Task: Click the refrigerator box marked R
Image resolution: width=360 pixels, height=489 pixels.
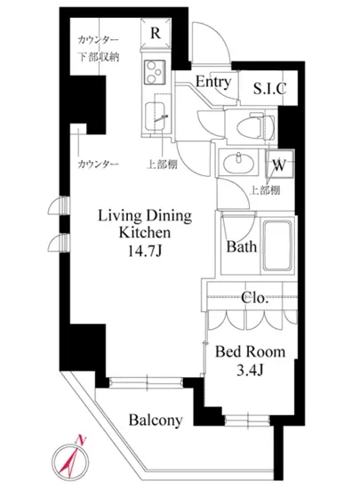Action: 156,34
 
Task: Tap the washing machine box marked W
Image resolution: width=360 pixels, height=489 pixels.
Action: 279,164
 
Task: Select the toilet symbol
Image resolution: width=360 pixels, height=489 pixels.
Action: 256,127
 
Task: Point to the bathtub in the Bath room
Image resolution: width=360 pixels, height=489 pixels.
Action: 278,245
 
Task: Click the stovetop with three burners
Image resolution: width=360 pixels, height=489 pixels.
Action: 155,72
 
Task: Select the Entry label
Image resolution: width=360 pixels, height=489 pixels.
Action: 213,82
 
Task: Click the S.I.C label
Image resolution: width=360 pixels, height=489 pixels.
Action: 269,89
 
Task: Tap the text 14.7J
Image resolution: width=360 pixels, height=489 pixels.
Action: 145,251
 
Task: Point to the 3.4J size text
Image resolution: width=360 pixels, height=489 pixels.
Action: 251,371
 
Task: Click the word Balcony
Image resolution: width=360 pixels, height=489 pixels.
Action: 156,420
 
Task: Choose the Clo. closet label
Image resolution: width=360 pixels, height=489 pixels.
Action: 254,298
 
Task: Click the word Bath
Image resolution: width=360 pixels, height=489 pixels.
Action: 242,246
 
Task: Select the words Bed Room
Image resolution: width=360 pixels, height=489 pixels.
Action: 251,351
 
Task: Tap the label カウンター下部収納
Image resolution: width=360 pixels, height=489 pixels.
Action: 98,49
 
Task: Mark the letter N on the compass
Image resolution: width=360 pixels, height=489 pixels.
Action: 81,440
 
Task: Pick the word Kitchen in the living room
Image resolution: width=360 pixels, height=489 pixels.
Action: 145,233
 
